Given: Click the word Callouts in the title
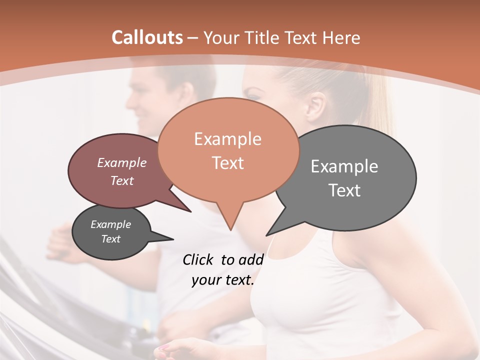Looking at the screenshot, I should coord(147,37).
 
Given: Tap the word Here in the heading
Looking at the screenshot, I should coord(341,38).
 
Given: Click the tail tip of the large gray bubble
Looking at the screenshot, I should coord(267,235).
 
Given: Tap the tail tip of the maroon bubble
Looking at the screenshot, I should coord(190,211).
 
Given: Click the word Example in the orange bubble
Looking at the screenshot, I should coord(227,139).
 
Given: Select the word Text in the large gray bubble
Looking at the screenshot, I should coord(344,190).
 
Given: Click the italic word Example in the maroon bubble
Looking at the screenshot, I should coord(122,162).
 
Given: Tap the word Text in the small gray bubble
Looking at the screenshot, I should coord(110,239).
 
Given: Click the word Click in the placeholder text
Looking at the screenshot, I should coord(198,259).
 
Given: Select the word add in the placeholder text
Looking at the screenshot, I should coord(251,259).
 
